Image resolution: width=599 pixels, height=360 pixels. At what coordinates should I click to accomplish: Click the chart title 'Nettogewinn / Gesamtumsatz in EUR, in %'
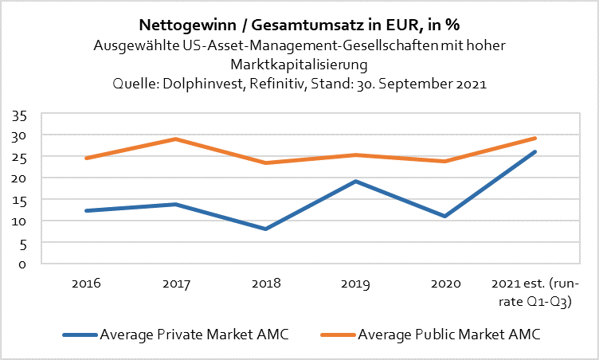[x=299, y=25]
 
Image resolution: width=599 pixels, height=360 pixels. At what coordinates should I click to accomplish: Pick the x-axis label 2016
[x=85, y=283]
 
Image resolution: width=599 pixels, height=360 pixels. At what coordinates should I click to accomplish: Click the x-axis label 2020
[x=444, y=283]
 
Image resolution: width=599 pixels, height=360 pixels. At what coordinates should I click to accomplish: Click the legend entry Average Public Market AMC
[x=437, y=334]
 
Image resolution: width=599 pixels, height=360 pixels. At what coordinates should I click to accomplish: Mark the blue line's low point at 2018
[x=264, y=229]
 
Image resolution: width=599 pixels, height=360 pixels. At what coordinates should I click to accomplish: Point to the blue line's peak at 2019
[x=354, y=182]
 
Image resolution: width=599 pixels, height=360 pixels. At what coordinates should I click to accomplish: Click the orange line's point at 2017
[x=174, y=139]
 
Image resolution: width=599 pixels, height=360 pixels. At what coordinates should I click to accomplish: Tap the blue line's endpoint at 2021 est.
[x=535, y=151]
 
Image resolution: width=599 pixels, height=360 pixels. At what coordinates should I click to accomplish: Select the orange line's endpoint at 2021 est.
[x=535, y=138]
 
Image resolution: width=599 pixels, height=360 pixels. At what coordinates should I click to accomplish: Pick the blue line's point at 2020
[x=444, y=216]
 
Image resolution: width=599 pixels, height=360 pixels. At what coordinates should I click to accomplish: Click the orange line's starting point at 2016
[x=85, y=158]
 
